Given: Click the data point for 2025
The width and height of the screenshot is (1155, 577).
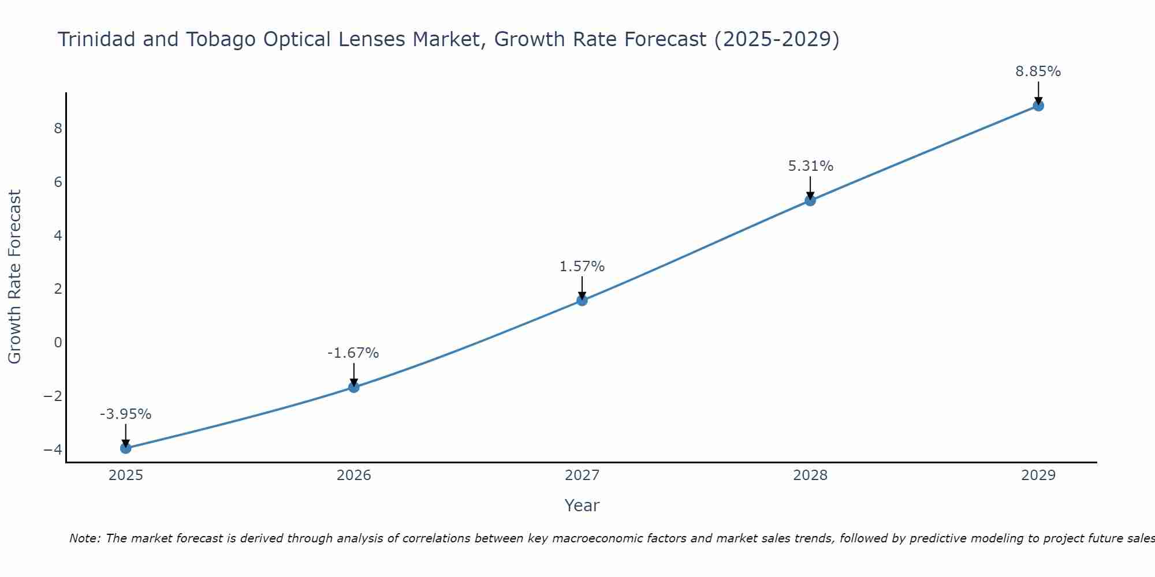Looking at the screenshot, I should (126, 448).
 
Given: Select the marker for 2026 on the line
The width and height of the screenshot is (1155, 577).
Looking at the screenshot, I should (354, 387).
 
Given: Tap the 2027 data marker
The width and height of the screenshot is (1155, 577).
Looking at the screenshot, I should (582, 301).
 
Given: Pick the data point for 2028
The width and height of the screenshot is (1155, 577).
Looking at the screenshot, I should (810, 201).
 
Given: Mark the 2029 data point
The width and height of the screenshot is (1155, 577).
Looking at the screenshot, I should (1038, 106).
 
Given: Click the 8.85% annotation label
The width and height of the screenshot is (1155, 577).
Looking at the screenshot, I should (1038, 72).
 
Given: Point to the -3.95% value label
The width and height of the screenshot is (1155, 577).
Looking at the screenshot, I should (126, 414).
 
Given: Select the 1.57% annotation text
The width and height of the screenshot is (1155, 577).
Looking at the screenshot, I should (582, 267).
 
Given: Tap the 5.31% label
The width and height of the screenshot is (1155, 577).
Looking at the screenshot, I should (810, 166).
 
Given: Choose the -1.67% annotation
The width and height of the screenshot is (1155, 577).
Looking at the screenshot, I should (353, 353).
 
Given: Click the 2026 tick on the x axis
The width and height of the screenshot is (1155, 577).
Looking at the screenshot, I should (354, 475).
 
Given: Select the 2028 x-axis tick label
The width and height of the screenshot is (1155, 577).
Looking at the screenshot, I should (810, 475).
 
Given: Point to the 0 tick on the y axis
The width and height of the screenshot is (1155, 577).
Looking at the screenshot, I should (58, 343).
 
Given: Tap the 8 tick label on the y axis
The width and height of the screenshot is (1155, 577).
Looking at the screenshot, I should (58, 129).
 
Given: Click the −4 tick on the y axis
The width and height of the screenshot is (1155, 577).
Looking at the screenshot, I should (53, 449).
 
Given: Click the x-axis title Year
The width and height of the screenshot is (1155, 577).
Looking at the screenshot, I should (582, 505).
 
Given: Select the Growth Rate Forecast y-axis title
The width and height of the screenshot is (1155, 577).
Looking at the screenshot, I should (15, 277).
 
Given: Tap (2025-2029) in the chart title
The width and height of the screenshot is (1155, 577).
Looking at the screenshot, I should (777, 40).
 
